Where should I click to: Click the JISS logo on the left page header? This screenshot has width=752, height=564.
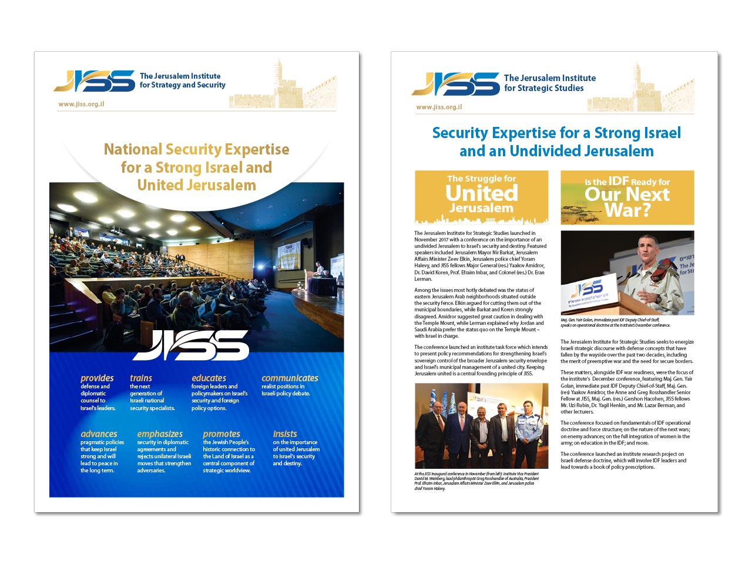[95, 80]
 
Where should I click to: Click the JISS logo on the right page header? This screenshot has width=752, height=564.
[456, 83]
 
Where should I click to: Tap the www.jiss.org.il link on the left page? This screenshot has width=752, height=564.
[81, 104]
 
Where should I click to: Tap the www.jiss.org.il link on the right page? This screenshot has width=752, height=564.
[439, 107]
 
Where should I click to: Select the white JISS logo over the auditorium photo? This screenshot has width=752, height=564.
[191, 345]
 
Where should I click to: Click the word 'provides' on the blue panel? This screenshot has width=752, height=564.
[97, 378]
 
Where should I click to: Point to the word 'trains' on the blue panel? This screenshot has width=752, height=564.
[141, 378]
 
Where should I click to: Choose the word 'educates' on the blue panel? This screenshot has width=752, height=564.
[209, 378]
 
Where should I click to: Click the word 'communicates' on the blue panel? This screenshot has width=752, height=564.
[290, 378]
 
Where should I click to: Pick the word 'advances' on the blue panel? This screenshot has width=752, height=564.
[99, 434]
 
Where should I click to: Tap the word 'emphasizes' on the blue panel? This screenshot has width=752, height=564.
[160, 434]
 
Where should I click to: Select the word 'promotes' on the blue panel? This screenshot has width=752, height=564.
[221, 434]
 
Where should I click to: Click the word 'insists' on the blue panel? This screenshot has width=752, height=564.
[285, 434]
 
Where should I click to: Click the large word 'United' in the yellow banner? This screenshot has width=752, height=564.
[482, 193]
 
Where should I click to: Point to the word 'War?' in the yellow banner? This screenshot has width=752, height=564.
[627, 210]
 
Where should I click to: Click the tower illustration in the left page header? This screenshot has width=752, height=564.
[278, 79]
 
